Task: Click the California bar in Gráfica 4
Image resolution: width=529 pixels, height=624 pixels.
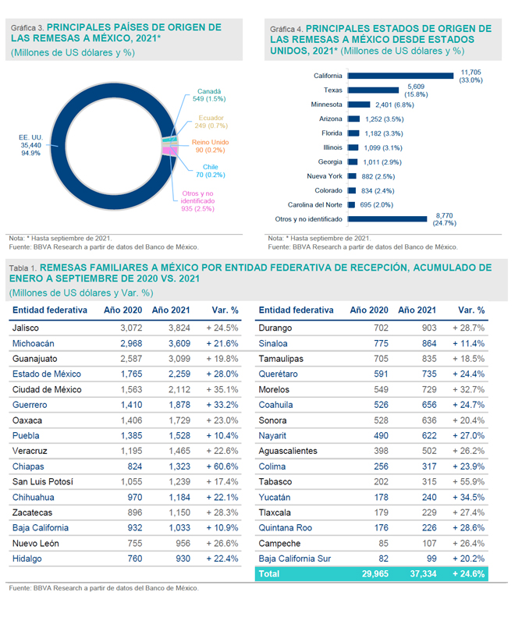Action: pos(400,76)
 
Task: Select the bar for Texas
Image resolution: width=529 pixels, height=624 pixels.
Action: pos(374,90)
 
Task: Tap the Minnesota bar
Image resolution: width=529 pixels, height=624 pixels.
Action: pos(359,105)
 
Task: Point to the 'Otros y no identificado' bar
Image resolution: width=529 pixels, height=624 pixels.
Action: pos(387,219)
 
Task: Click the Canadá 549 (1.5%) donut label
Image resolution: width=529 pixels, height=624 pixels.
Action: pos(209,95)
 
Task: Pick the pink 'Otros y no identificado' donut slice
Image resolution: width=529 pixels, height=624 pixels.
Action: pos(169,151)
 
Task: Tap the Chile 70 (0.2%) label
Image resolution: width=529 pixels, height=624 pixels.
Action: pos(211,171)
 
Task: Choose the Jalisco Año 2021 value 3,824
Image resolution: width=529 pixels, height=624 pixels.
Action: pos(179,328)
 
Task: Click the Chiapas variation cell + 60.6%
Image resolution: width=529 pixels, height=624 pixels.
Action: pos(222,466)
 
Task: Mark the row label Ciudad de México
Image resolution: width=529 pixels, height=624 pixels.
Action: pos(47,389)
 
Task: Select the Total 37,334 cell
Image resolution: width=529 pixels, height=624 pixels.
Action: pos(423,574)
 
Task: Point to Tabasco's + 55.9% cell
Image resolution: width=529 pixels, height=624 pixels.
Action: pos(468,481)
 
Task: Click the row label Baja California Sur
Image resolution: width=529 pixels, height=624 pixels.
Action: pos(295,558)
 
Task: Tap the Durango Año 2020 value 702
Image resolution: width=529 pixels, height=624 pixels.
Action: pos(381,328)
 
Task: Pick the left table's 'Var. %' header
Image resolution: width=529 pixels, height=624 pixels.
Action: pos(225,310)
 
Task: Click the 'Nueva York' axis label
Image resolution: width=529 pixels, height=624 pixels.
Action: pos(325,176)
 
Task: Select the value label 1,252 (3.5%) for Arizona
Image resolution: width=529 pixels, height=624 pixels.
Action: pos(384,119)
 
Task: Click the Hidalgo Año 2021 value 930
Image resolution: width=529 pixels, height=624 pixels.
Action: pos(183,558)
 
